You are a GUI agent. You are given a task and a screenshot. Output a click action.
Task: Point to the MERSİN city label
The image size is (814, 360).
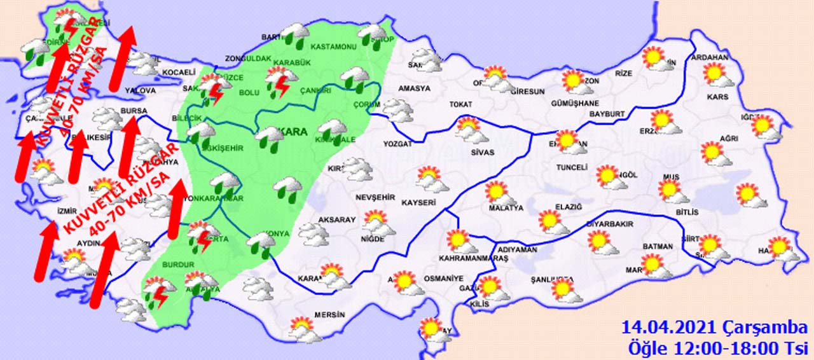pyautogui.click(x=329, y=315)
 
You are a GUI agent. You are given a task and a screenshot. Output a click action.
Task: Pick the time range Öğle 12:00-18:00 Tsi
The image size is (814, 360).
pyautogui.click(x=717, y=348)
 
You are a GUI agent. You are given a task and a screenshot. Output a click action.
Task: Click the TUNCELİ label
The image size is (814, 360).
pyautogui.click(x=570, y=167)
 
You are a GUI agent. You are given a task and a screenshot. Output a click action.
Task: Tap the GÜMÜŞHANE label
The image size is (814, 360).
pyautogui.click(x=576, y=103)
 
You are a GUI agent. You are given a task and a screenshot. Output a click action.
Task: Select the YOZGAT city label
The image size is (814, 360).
pyautogui.click(x=397, y=144)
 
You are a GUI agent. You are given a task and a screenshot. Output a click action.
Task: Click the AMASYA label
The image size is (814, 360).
pyautogui.click(x=414, y=88)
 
